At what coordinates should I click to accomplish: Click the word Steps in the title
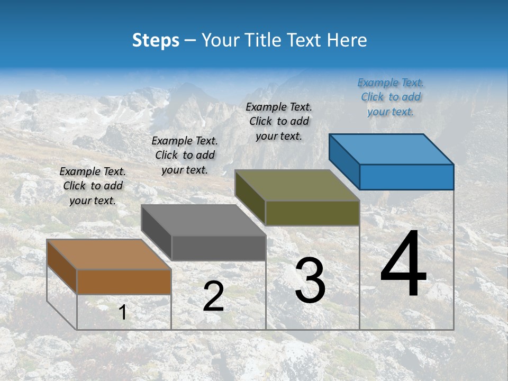(156, 40)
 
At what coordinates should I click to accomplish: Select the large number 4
(403, 266)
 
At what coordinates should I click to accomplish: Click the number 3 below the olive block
(310, 280)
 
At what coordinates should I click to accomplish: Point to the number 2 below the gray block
(213, 296)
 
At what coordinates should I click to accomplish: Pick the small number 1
(122, 312)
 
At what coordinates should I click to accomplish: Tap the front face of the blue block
(406, 177)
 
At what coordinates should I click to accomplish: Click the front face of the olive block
(312, 213)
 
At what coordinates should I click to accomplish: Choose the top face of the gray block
(203, 220)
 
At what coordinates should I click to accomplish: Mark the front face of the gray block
(219, 248)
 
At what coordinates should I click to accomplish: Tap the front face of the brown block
(124, 282)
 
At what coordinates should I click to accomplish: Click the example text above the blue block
(391, 97)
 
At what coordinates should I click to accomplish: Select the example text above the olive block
(279, 121)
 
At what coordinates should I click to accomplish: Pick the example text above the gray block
(185, 155)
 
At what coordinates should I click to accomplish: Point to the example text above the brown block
(93, 186)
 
